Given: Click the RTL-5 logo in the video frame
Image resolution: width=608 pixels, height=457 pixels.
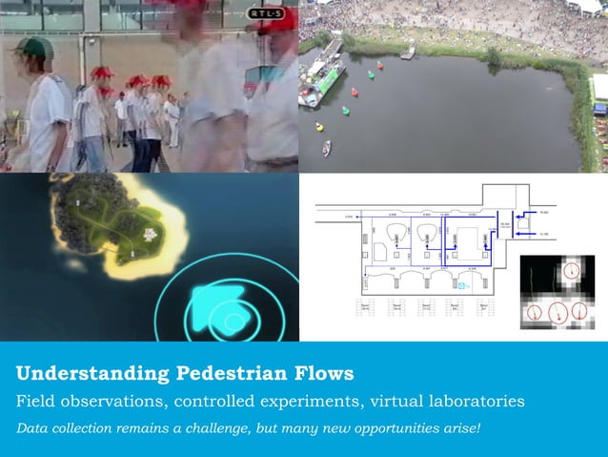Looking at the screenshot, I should [x=266, y=13].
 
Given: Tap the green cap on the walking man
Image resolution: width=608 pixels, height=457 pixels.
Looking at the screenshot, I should [x=34, y=47].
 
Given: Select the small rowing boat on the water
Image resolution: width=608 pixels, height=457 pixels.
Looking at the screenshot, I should [x=327, y=148].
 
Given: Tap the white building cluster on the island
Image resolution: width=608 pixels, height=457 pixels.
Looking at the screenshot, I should [x=149, y=232].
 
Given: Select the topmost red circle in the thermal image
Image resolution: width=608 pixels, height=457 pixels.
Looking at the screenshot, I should [x=570, y=272].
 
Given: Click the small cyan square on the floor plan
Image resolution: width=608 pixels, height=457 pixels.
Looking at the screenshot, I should [x=464, y=283].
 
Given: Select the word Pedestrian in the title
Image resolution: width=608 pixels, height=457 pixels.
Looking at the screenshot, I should [x=237, y=373].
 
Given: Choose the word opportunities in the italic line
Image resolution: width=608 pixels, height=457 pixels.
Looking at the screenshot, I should [x=401, y=426].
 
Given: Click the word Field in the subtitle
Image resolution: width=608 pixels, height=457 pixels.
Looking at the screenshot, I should [x=35, y=400].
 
